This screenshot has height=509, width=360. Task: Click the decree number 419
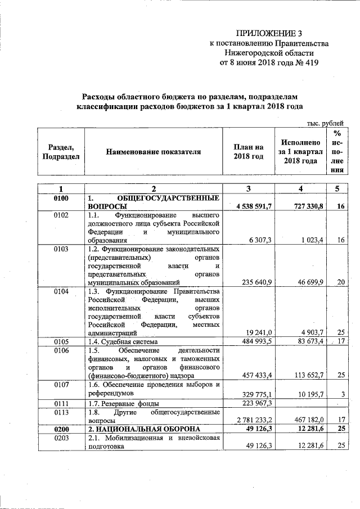[x=308, y=62]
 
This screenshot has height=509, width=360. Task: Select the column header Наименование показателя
[x=152, y=152]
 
